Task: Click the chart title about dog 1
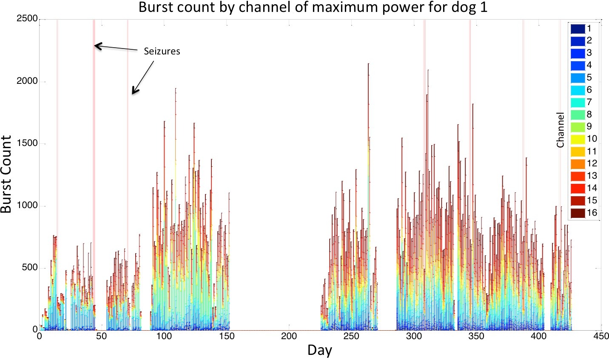tap(313, 8)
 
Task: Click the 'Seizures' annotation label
tap(162, 51)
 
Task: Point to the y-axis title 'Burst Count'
tap(7, 174)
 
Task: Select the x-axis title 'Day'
tap(319, 350)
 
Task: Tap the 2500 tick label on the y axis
tap(27, 20)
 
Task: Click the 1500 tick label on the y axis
tap(27, 143)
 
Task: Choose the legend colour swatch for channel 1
tap(577, 29)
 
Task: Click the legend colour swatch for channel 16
tap(577, 213)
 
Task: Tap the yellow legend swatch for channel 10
tap(577, 139)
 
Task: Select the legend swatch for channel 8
tap(577, 114)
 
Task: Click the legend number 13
tap(592, 176)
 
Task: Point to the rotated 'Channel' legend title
tap(561, 130)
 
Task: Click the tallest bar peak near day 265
tap(368, 64)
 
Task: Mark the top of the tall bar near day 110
tap(175, 89)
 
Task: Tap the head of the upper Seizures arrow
tap(95, 45)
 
